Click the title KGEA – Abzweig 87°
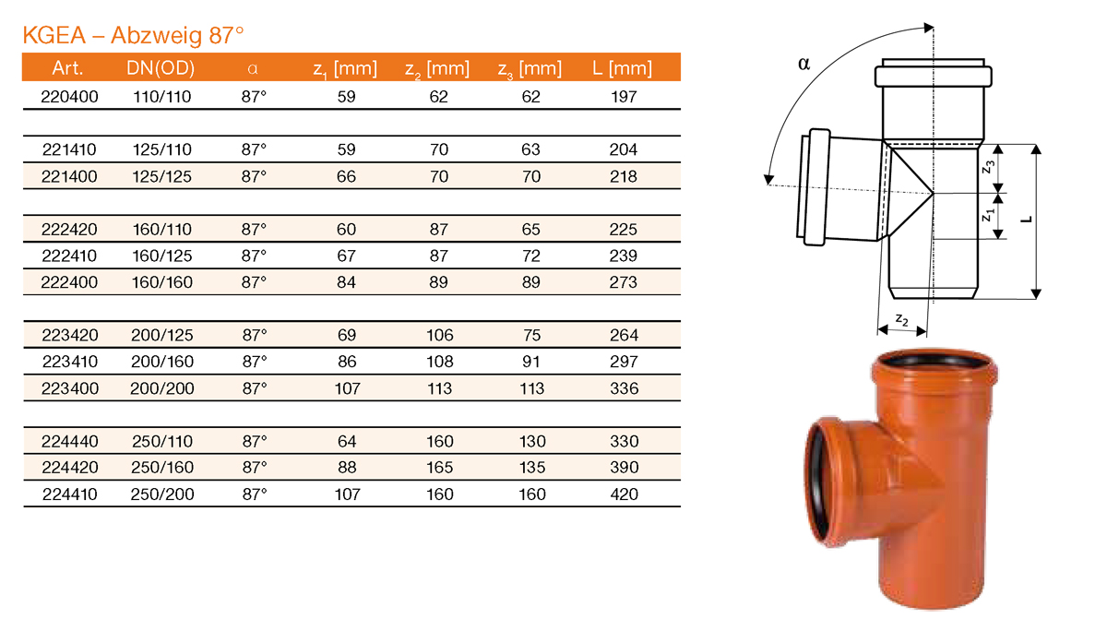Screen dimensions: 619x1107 point(133,36)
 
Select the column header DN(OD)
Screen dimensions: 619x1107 point(161,68)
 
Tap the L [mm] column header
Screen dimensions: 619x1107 point(624,68)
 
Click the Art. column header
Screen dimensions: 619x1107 point(69,68)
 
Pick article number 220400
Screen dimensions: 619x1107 point(69,96)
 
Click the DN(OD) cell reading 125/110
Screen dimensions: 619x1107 point(161,149)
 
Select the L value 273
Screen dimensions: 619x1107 point(624,281)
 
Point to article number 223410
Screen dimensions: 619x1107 point(69,362)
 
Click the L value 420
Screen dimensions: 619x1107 point(624,494)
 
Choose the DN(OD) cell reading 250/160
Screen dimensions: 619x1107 point(161,468)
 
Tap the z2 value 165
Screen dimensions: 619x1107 point(439,468)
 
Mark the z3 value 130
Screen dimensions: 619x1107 point(531,441)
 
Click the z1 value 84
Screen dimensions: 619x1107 point(347,281)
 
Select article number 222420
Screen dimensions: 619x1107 point(69,229)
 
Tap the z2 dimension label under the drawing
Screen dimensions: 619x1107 point(902,322)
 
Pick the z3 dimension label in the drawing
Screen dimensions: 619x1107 point(987,166)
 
